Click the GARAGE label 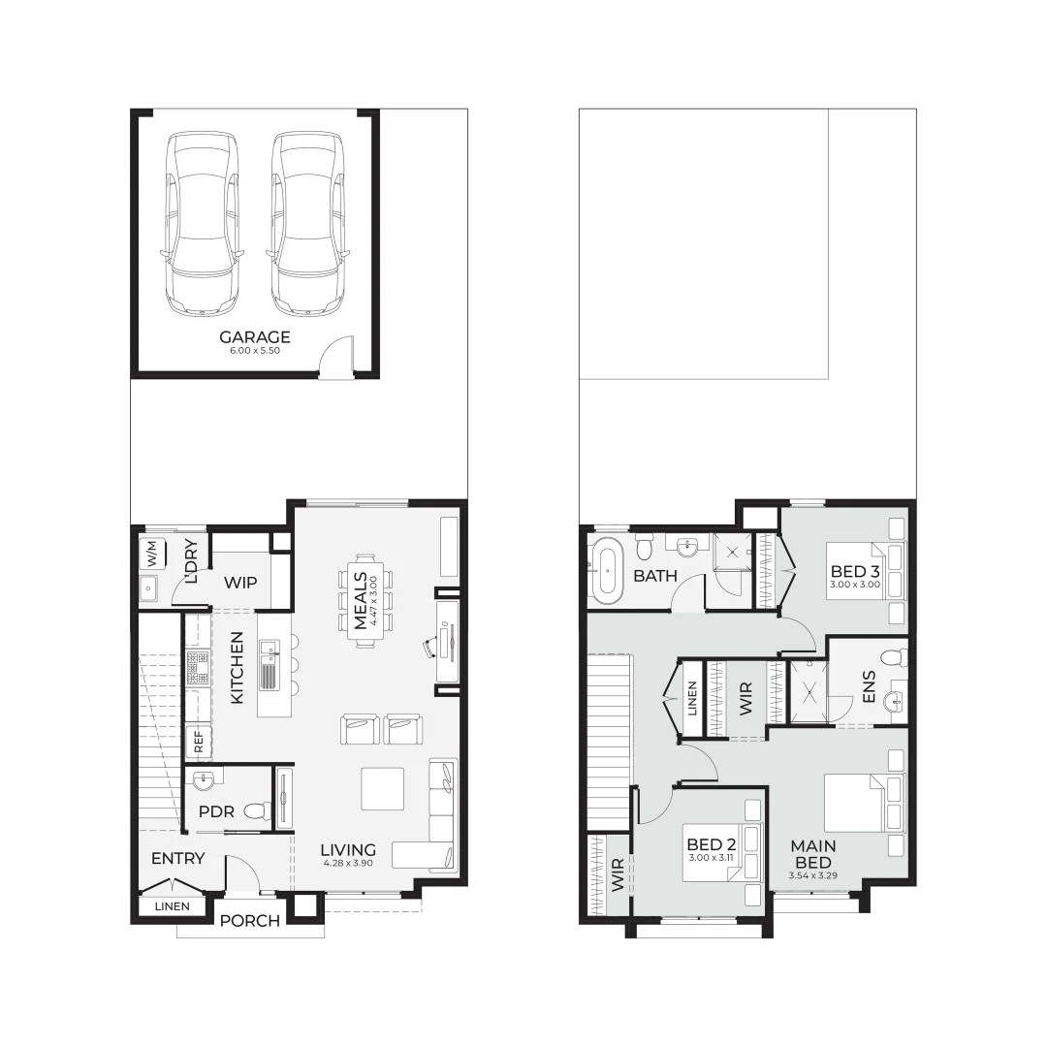(x=254, y=337)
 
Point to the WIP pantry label (x=239, y=583)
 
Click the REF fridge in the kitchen (x=198, y=743)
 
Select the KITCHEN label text (x=237, y=668)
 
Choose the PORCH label (x=249, y=920)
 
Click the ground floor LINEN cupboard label (x=173, y=906)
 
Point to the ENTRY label (x=177, y=858)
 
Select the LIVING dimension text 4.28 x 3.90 (x=348, y=863)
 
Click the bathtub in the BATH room (x=609, y=570)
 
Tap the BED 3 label (x=854, y=572)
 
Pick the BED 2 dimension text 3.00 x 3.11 (x=712, y=857)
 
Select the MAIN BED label (x=812, y=854)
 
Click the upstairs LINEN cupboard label (x=691, y=699)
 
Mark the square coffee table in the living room (x=383, y=788)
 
